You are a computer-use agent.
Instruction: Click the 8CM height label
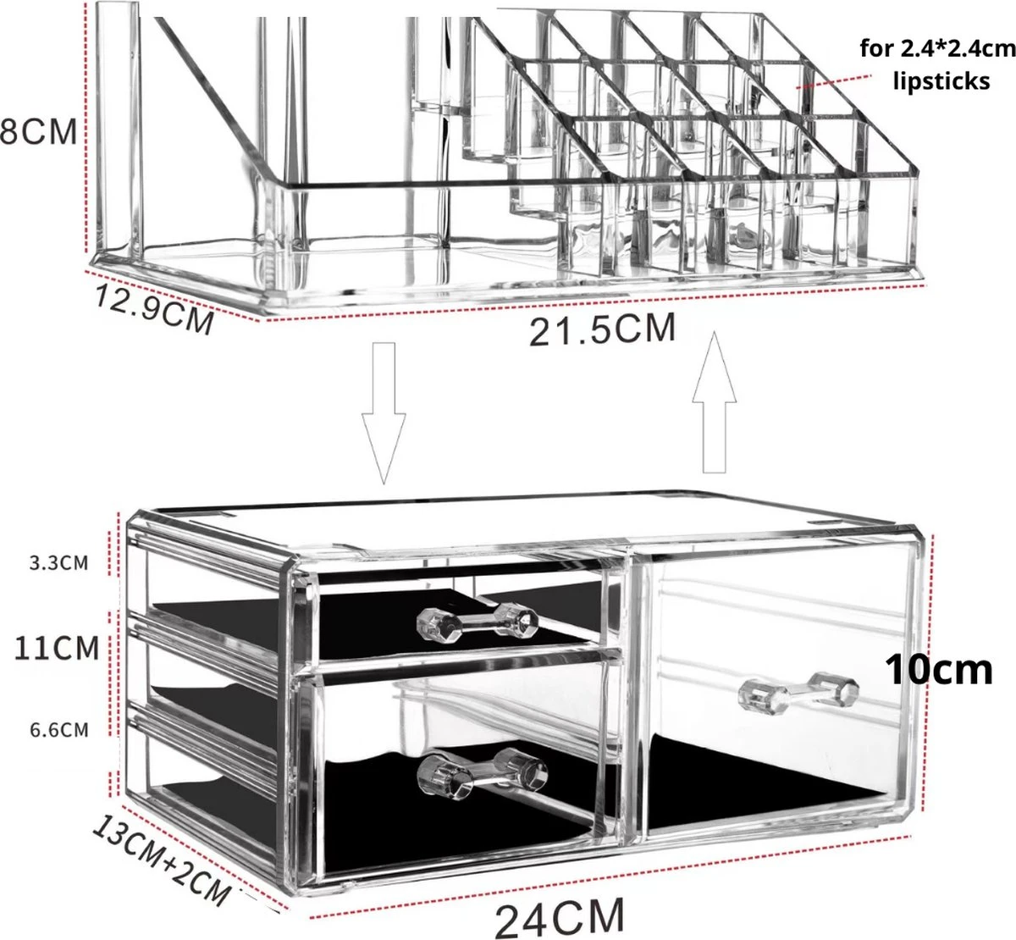click(38, 133)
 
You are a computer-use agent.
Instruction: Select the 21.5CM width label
click(603, 329)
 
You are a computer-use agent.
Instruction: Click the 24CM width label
click(560, 915)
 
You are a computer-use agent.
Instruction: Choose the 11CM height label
click(58, 649)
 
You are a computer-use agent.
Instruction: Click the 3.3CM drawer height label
click(59, 562)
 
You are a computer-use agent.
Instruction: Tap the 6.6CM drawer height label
click(59, 730)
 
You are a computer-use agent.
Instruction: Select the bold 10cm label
click(939, 669)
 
